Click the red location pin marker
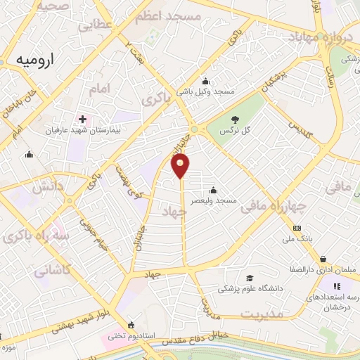tap(181, 165)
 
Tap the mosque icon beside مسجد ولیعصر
tap(214, 190)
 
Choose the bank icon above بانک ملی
tap(297, 228)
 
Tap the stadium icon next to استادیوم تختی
tap(131, 325)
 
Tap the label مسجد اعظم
tap(176, 15)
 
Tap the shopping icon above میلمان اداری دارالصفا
tap(323, 259)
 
